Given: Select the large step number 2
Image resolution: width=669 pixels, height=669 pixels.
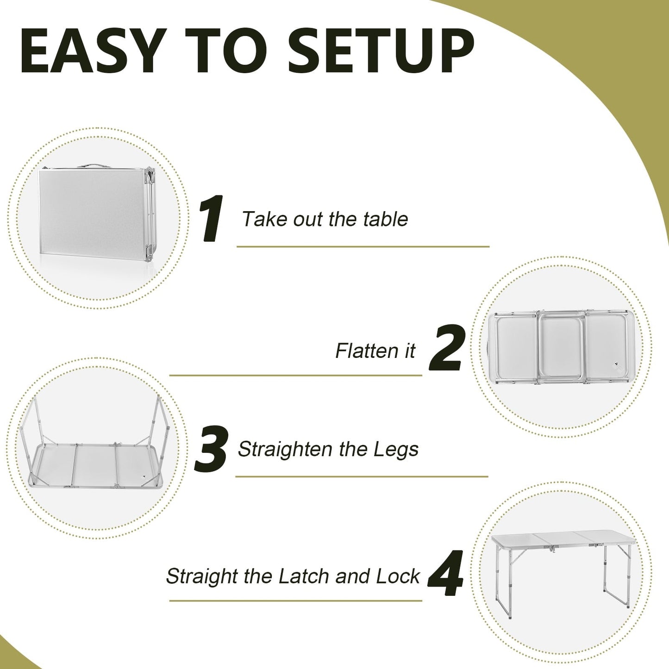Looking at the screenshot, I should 445,349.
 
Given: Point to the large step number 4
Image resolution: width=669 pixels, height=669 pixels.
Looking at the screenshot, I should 445,574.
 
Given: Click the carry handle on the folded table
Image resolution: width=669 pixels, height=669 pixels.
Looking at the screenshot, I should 97,164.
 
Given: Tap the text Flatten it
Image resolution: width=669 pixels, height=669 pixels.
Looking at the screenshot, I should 375,351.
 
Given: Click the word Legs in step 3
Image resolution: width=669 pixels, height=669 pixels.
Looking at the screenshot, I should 395,450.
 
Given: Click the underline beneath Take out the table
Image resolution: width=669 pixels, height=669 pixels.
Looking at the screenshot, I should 363,247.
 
